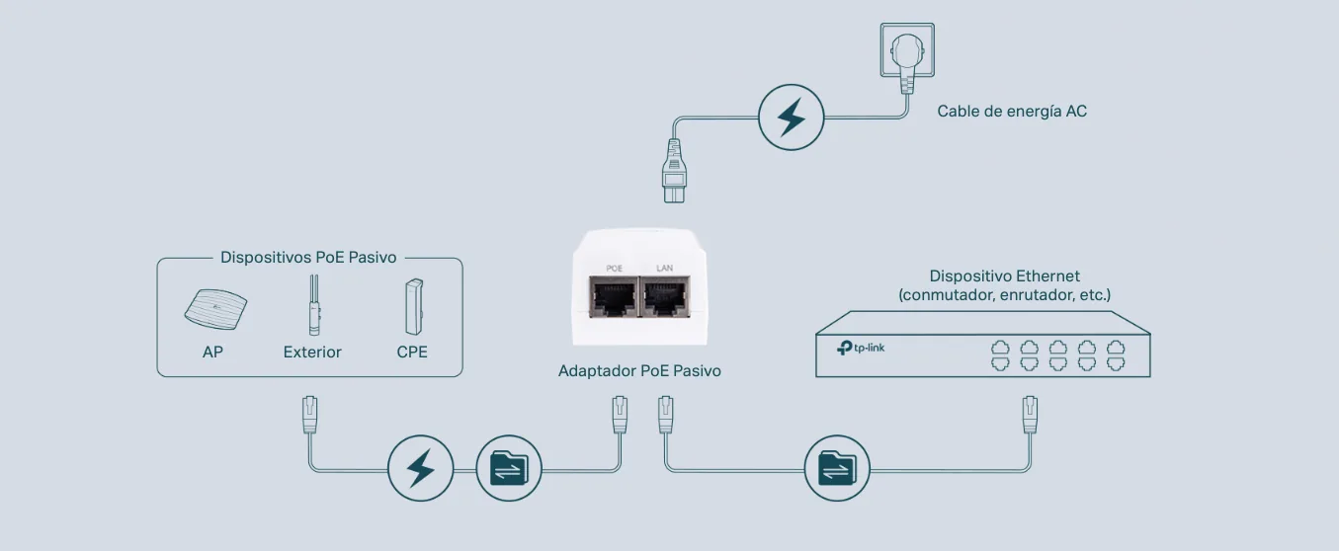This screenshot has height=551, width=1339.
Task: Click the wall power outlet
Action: click(x=907, y=50)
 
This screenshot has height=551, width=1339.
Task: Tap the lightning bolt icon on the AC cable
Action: click(x=791, y=118)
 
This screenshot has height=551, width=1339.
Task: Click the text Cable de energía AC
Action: click(x=1012, y=112)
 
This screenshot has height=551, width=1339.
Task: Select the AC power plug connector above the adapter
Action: click(x=674, y=171)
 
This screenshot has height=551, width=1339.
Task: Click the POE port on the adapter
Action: click(x=614, y=297)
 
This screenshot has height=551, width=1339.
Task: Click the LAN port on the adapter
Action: click(x=665, y=297)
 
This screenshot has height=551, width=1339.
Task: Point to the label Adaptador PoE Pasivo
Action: click(x=639, y=371)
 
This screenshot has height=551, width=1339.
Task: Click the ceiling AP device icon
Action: click(x=215, y=309)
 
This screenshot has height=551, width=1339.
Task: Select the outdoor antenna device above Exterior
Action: click(x=314, y=305)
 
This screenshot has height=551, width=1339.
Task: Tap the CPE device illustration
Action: click(x=414, y=306)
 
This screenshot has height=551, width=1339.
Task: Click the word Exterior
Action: click(x=312, y=352)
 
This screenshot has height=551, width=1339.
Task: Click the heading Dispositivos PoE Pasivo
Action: click(x=308, y=257)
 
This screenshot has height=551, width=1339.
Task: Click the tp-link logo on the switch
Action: click(x=860, y=348)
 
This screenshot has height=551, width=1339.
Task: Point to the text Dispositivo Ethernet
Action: click(x=1004, y=276)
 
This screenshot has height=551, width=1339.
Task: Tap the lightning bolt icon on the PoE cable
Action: click(x=420, y=468)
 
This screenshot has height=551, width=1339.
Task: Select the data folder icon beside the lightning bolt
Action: click(x=509, y=468)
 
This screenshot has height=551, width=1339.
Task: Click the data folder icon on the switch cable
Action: click(x=837, y=468)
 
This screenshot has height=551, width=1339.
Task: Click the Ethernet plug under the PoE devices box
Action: click(x=309, y=414)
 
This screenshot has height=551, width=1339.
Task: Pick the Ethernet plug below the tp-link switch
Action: click(x=1030, y=414)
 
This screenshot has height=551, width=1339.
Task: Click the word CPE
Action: click(x=412, y=352)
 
